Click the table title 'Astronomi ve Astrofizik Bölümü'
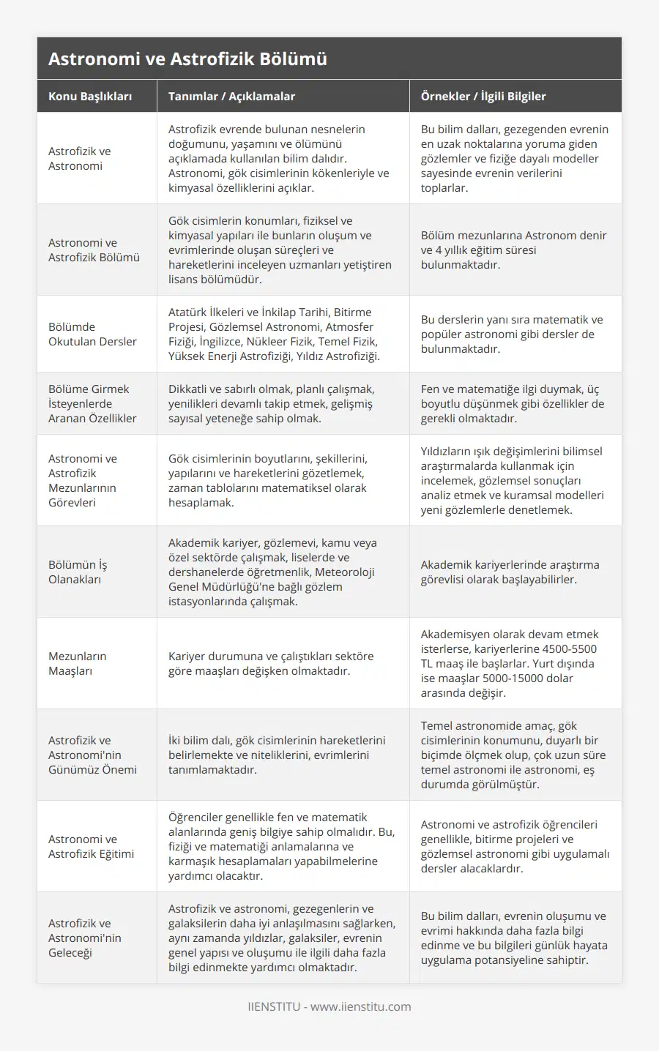point(187,59)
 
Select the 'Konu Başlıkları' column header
point(90,96)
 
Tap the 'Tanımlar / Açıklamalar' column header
point(231,96)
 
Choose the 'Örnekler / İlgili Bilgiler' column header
point(483,96)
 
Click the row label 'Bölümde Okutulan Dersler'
point(92,334)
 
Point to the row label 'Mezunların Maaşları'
point(78,663)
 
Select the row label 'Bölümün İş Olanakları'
point(78,572)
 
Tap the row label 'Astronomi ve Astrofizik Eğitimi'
point(91,846)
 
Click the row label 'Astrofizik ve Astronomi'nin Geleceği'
point(85,938)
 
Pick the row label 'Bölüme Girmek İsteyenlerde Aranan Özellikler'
point(92,403)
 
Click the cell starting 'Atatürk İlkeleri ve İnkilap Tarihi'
point(274,334)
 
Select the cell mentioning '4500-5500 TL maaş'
point(509,663)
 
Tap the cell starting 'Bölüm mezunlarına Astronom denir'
point(513,250)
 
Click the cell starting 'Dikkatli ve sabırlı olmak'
point(271,403)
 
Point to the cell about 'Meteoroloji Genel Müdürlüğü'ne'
point(272,572)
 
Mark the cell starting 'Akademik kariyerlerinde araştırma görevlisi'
point(510,572)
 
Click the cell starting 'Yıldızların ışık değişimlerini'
point(512,480)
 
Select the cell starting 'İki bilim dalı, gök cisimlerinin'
point(277,755)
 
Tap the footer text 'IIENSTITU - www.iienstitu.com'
point(329,1006)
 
